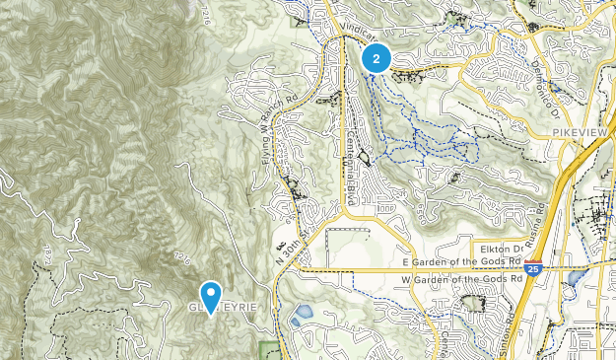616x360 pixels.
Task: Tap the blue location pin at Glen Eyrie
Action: point(210,296)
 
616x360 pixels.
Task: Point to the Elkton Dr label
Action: point(502,250)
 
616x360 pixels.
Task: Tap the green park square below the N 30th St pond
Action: point(268,350)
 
